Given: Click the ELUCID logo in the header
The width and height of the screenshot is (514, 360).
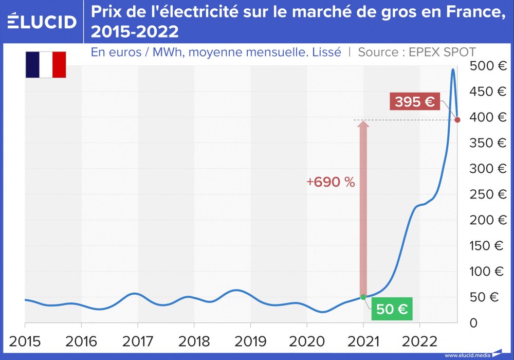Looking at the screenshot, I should tap(42, 22).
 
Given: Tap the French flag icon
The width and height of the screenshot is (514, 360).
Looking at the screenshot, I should tap(46, 65).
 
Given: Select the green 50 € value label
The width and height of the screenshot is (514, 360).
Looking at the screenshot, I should tap(392, 309).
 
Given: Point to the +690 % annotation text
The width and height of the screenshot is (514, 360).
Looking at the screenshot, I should tap(331, 182).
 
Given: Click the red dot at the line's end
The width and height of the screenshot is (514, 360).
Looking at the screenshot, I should tap(457, 120).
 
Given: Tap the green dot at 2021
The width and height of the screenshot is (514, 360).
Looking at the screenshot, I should tap(363, 297).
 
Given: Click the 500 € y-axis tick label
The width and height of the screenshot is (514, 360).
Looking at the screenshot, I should tap(488, 66).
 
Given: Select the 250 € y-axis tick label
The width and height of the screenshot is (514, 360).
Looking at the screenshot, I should tap(488, 194).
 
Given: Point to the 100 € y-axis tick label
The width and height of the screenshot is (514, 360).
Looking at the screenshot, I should tap(488, 272).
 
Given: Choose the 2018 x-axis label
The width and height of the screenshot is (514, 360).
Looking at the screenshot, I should tap(194, 341).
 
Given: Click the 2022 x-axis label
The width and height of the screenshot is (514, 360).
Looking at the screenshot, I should tap(419, 341).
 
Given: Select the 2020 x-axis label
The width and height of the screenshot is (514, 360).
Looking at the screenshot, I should tap(307, 341).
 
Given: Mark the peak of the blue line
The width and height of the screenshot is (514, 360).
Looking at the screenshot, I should tap(453, 69).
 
